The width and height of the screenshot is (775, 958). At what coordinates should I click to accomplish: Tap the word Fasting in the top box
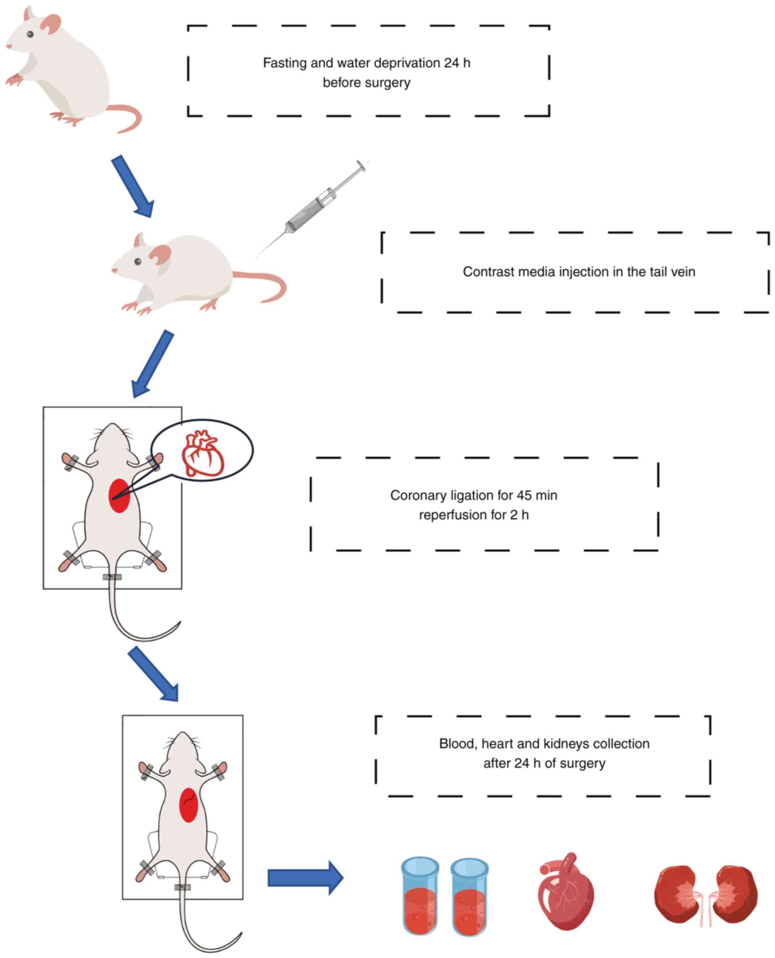[284, 63]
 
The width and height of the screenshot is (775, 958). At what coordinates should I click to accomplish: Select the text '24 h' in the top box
[457, 63]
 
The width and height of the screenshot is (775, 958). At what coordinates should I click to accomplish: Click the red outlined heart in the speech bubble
[203, 454]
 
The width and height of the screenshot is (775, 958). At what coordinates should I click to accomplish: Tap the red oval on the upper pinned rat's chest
[119, 496]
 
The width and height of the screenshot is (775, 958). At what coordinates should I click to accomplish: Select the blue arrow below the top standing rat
[132, 186]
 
